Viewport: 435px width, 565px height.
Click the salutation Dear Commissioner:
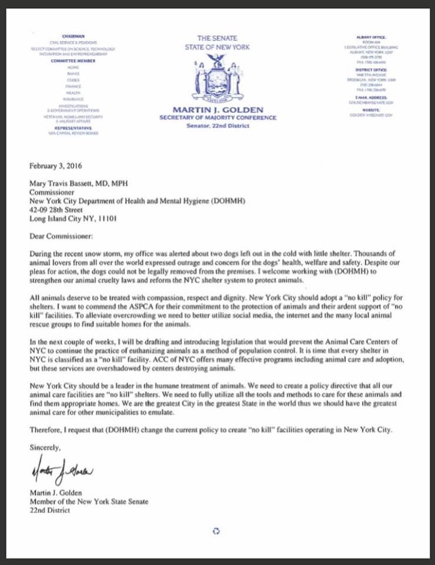click(62, 236)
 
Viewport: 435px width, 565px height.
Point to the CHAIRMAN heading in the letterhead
click(73, 36)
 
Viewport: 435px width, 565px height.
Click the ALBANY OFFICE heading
click(371, 37)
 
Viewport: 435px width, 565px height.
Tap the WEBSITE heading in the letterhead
click(371, 109)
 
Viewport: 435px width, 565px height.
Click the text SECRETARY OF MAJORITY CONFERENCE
click(218, 118)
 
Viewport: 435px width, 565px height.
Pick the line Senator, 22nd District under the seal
click(218, 126)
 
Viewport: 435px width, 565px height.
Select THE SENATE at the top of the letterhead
click(218, 38)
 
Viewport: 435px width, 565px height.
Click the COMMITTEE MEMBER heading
click(73, 61)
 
